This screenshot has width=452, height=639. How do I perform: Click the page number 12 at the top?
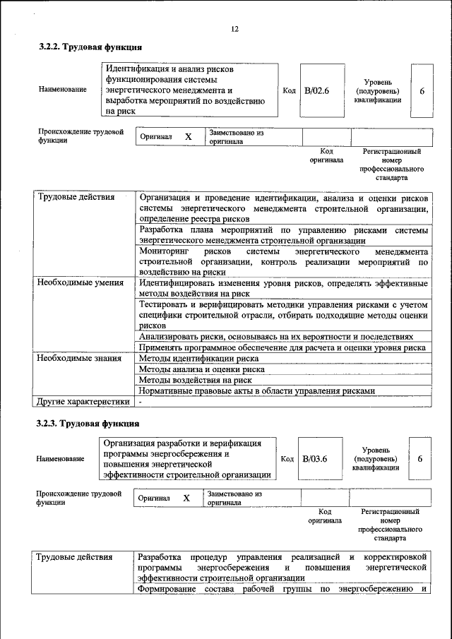[234, 29]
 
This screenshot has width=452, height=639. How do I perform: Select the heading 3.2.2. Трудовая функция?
[90, 47]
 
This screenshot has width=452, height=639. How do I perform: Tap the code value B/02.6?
[317, 90]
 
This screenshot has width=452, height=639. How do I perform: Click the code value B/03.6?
[315, 459]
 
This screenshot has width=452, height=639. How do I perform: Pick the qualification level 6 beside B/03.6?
[420, 459]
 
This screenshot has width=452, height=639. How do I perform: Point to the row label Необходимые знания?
[79, 358]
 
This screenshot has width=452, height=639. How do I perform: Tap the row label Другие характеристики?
[83, 401]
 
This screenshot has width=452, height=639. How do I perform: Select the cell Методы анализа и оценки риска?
[201, 369]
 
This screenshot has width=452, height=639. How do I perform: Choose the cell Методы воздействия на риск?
[195, 379]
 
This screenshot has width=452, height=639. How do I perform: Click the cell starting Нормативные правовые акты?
[266, 390]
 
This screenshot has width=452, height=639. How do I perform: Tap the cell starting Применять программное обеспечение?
[281, 347]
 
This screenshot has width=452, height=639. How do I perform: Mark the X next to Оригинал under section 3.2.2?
[188, 136]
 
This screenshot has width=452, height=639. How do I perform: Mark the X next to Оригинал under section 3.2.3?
[186, 498]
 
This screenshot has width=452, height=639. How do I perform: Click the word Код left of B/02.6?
[289, 90]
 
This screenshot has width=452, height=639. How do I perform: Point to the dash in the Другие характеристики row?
[141, 402]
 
